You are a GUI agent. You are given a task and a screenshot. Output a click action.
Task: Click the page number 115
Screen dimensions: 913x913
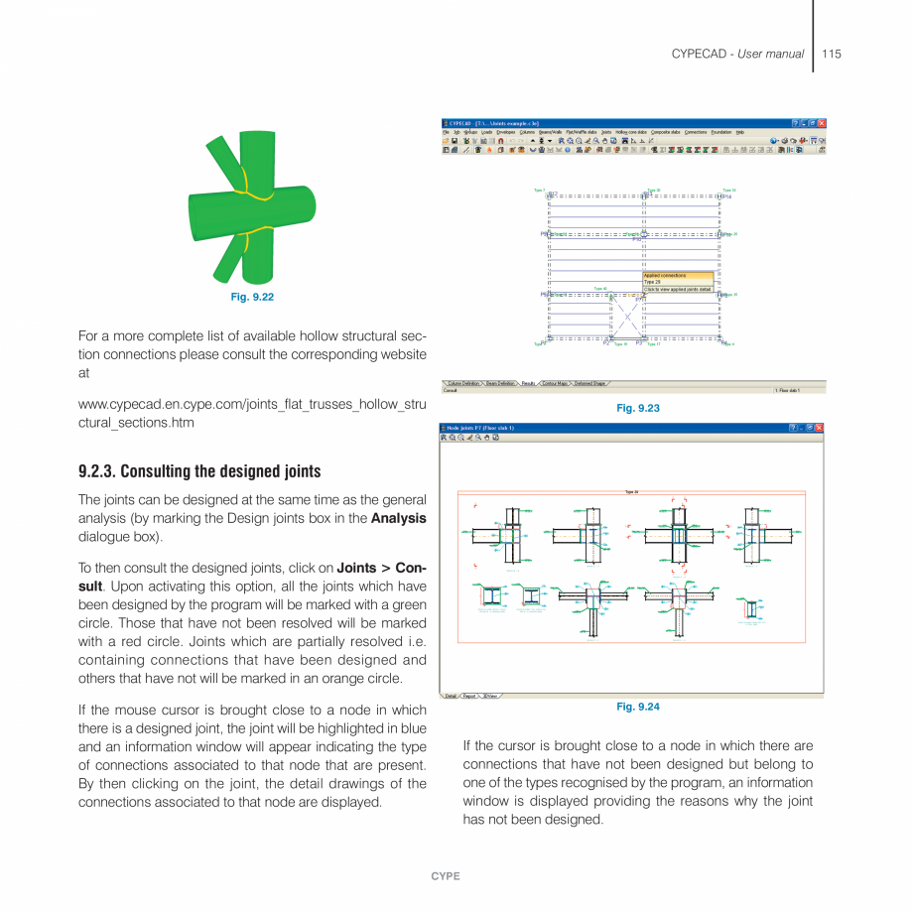pos(832,54)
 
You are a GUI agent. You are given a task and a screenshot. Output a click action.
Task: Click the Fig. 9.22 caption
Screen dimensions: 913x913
pos(252,297)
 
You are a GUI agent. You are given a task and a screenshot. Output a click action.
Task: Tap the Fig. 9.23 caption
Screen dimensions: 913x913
pos(637,408)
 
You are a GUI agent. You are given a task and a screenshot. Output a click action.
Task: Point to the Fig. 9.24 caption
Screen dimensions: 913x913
pos(637,707)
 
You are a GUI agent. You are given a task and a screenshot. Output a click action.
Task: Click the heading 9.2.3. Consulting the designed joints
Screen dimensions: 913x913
pos(199,471)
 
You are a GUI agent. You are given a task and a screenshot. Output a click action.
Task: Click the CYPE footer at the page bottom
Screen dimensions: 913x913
pos(445,876)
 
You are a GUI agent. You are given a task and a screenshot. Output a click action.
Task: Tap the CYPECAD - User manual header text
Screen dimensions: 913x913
pos(737,54)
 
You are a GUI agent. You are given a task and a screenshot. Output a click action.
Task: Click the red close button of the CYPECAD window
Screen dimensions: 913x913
pos(822,123)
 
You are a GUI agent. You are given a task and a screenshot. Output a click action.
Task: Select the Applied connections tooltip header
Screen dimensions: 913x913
pos(666,275)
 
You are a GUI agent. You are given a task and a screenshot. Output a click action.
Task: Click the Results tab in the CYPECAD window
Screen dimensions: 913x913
pos(528,383)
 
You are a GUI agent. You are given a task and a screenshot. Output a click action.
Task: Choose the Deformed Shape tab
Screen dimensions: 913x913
pos(589,383)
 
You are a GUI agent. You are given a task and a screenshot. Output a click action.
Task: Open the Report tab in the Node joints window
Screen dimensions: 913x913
pos(470,696)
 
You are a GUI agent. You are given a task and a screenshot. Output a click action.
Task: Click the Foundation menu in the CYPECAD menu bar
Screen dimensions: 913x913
pos(720,132)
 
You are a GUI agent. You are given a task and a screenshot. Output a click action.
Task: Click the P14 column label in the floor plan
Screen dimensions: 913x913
pos(727,196)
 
